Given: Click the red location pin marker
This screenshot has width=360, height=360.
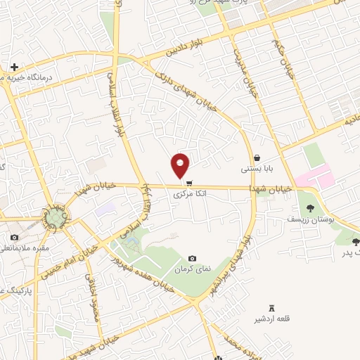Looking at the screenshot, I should pyautogui.click(x=181, y=165).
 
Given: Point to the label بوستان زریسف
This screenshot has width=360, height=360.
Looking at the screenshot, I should pyautogui.click(x=305, y=219).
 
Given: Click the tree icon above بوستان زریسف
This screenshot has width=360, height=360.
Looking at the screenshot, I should pyautogui.click(x=310, y=207).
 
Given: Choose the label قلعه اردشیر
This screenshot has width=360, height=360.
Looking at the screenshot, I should pyautogui.click(x=273, y=320).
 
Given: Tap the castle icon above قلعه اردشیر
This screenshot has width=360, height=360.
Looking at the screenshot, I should pyautogui.click(x=273, y=309).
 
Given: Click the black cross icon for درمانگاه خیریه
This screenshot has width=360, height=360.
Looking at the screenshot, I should pyautogui.click(x=14, y=67).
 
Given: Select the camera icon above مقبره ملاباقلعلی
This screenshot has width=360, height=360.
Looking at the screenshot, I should pyautogui.click(x=14, y=238).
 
